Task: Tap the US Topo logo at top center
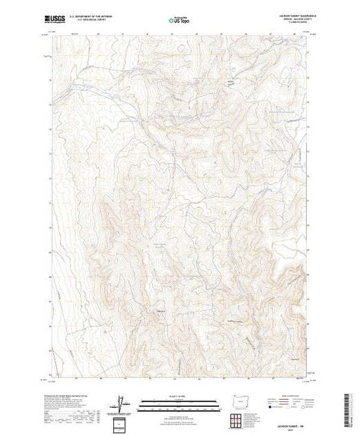(x=180, y=19)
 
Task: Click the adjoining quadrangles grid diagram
(x=238, y=419)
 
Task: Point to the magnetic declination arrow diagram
(x=122, y=403)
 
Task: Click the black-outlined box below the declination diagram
(x=122, y=423)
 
